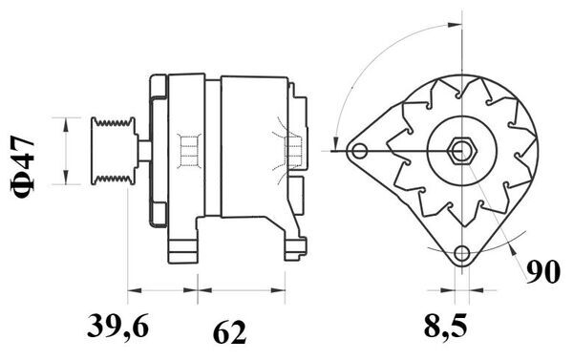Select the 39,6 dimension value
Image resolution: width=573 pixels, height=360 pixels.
click(117, 326)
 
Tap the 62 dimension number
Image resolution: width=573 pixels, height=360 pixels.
click(229, 332)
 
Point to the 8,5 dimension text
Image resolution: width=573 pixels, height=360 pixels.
click(445, 326)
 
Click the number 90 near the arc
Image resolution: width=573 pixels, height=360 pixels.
click(543, 272)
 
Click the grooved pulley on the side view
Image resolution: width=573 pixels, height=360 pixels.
click(113, 151)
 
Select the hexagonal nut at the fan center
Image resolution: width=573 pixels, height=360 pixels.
click(462, 151)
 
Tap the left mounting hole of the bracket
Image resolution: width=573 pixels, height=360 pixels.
click(360, 151)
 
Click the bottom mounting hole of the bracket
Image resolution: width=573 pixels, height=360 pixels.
click(462, 253)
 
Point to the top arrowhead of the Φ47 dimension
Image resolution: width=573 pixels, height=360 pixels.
click(66, 124)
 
